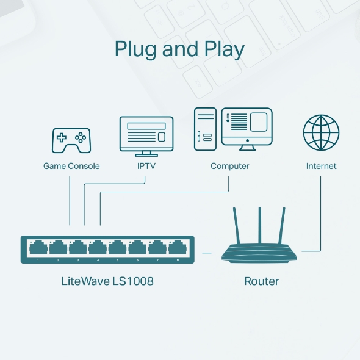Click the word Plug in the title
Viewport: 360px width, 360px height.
coord(135,49)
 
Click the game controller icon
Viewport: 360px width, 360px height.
coord(71,140)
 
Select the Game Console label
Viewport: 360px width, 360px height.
coord(71,166)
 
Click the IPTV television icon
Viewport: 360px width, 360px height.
coord(146,135)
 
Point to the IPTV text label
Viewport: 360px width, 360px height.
coord(146,166)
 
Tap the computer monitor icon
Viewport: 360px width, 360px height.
coord(247,127)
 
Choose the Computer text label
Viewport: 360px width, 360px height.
coord(230,166)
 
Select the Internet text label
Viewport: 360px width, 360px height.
coord(321,166)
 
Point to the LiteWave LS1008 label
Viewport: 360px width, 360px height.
coord(107,281)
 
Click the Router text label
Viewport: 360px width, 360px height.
coord(261,281)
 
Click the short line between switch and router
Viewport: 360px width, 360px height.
coord(207,251)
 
